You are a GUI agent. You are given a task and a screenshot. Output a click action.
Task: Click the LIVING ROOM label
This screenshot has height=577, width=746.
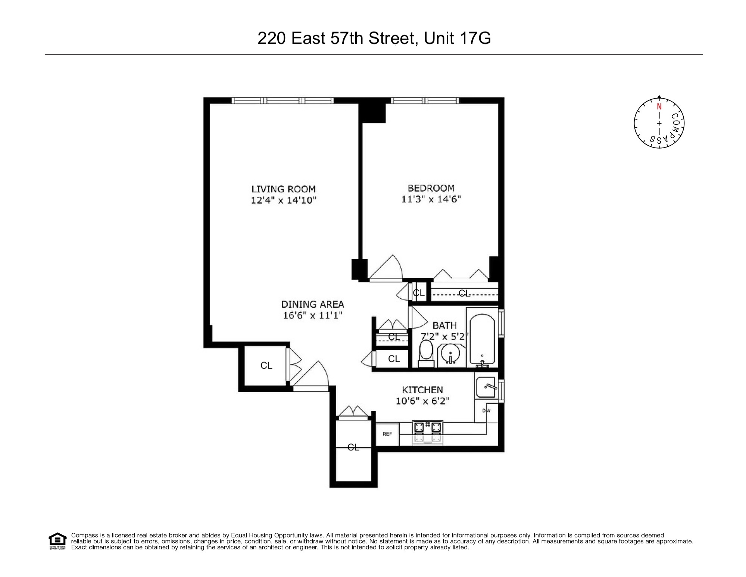click(283, 189)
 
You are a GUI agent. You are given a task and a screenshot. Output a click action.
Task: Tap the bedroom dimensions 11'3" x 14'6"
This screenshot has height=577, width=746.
click(431, 199)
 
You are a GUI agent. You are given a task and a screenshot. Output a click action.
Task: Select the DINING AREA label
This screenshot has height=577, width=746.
click(312, 304)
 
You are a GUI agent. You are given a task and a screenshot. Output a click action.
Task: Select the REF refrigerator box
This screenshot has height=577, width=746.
click(387, 434)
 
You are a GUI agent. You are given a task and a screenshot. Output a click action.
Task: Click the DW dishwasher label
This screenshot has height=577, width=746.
click(486, 410)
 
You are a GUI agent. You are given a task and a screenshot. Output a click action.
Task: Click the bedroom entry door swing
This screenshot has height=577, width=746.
click(386, 268)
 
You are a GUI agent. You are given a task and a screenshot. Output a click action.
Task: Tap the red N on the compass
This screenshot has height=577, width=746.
click(659, 106)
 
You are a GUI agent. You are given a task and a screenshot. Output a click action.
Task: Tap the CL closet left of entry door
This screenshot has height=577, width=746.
click(266, 365)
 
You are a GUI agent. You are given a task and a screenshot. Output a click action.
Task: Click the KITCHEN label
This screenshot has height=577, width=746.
click(422, 390)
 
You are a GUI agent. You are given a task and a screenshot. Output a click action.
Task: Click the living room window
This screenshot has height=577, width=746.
click(283, 100)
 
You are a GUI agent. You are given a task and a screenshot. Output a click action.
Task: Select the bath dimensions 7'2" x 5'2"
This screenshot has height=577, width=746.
click(444, 336)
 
